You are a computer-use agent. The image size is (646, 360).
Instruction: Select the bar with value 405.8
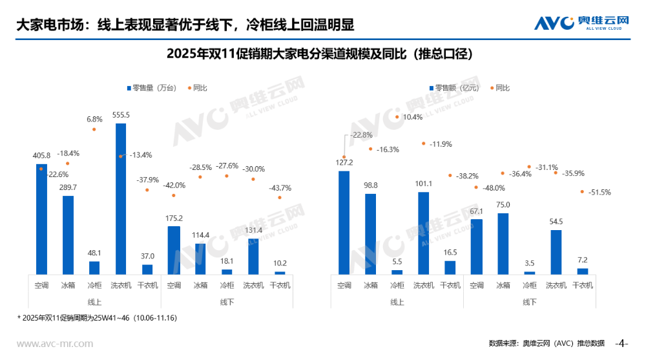[41, 219]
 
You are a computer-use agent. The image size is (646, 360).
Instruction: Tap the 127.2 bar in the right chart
[344, 222]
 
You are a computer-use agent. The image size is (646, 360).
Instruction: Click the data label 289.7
[67, 187]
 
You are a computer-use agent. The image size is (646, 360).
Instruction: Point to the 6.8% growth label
[94, 119]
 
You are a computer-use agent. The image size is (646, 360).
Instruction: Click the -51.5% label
[599, 192]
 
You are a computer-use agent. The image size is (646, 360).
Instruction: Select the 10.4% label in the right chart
[413, 117]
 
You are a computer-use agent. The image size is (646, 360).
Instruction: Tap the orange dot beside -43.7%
[280, 198]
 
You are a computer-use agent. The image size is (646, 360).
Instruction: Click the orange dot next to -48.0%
[476, 188]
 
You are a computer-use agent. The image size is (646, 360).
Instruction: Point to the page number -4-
[622, 343]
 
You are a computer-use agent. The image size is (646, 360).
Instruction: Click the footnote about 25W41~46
[97, 318]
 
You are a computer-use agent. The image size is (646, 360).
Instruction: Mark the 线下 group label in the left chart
[227, 302]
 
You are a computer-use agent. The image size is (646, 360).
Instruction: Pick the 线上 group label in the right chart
[397, 302]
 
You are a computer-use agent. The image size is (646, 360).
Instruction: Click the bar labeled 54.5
[556, 252]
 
